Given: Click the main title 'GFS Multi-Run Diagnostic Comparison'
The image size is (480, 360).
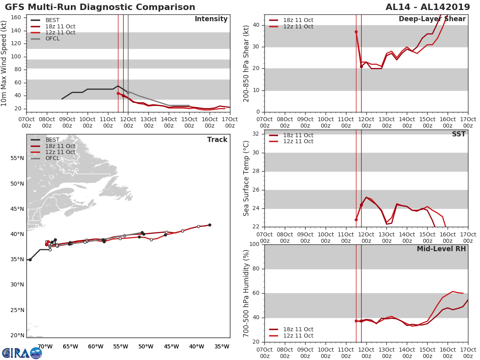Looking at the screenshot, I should pos(100,7).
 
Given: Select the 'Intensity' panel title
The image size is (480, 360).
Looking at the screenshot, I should pos(211,19).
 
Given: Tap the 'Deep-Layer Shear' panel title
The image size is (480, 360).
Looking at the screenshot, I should pos(432,19).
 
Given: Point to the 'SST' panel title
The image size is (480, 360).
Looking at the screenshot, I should pos(458,134).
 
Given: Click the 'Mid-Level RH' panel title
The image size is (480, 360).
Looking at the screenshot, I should pos(441,249).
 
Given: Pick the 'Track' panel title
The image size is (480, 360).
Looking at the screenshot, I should pos(217,140).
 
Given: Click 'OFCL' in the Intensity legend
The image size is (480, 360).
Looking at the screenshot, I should pos(52,39).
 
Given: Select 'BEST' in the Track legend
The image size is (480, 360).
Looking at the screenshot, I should pos(52,140).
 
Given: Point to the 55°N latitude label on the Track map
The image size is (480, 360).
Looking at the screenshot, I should pos(17,158).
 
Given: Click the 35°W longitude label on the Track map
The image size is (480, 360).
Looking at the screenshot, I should pos(222,346).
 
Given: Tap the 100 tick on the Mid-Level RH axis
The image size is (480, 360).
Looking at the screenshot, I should pos(254,244).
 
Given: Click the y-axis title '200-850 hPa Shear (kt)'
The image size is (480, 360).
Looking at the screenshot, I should pos(246,63).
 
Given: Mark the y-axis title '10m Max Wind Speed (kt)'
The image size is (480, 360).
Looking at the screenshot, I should pos(4,63).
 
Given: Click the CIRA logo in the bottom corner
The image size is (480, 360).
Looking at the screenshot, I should pos(22,353).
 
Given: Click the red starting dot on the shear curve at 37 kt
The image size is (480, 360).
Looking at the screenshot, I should pos(356,32).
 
